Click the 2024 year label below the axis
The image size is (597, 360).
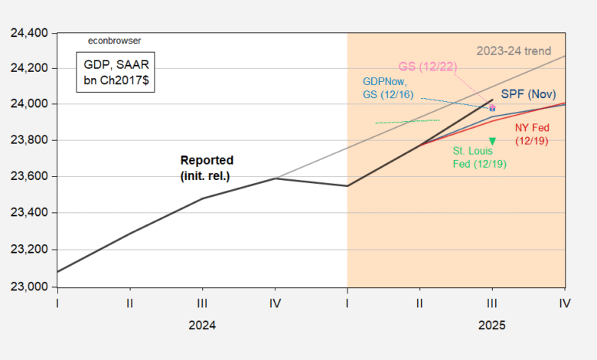click(x=202, y=325)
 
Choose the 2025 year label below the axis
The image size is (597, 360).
click(x=491, y=325)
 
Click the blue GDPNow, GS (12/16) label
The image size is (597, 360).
click(x=387, y=87)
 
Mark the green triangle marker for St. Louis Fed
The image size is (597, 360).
click(x=492, y=141)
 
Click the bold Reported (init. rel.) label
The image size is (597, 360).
click(x=206, y=167)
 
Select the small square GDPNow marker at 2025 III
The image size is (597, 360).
click(x=492, y=108)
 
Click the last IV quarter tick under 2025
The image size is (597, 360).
click(x=565, y=303)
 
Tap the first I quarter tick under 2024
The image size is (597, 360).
click(x=58, y=303)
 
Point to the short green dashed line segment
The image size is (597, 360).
click(x=407, y=121)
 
